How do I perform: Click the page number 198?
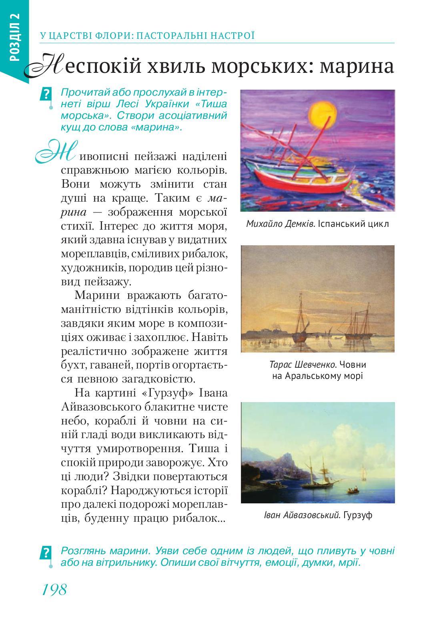click(x=54, y=589)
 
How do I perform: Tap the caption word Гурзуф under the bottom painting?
click(x=358, y=515)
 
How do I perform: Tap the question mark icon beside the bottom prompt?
click(x=46, y=553)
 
